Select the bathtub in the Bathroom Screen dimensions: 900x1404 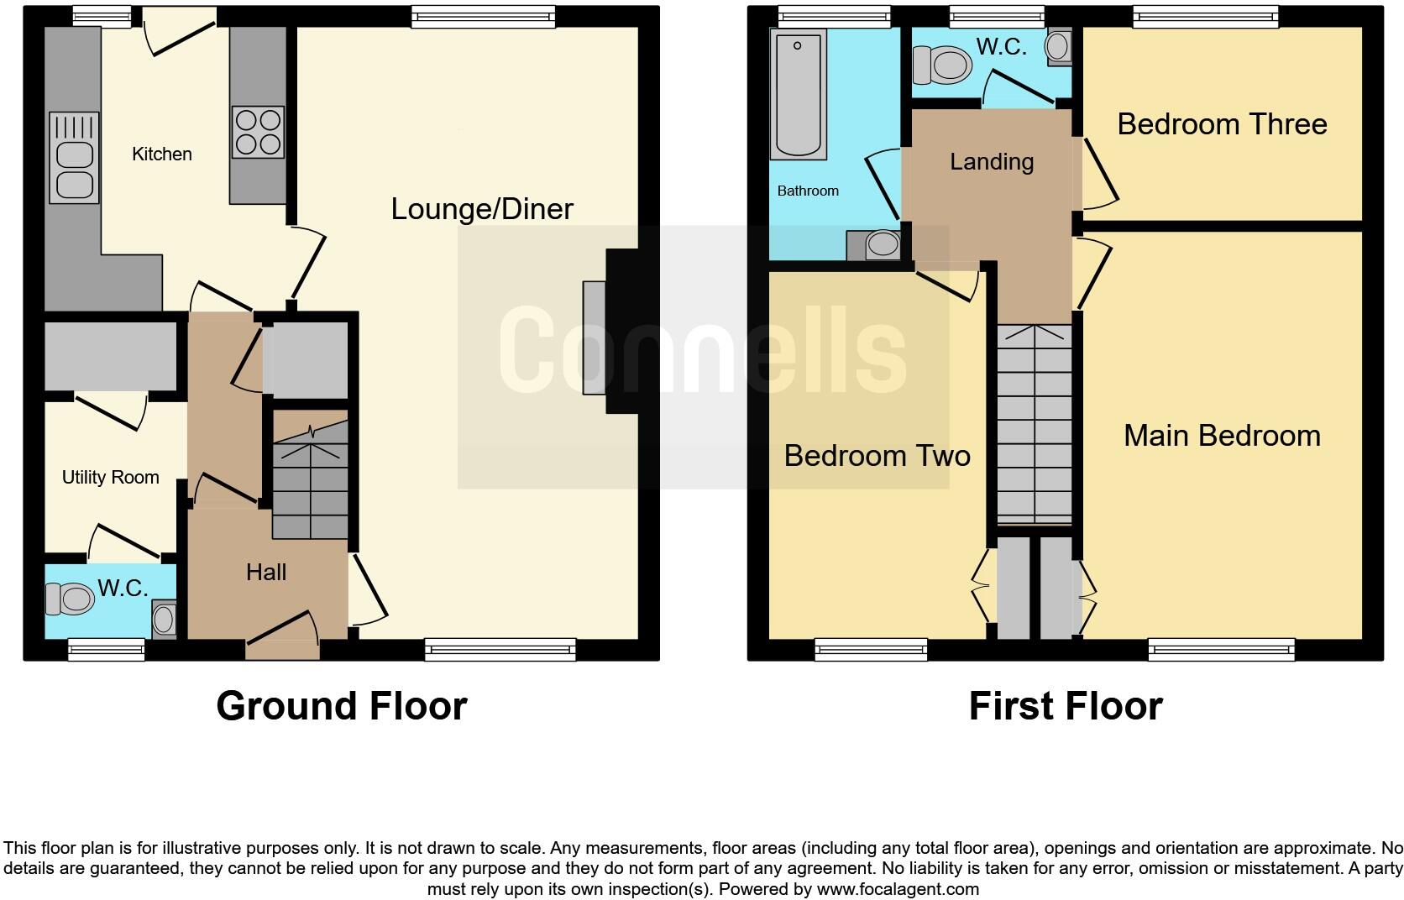pyautogui.click(x=798, y=94)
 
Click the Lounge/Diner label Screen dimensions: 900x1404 pyautogui.click(x=482, y=209)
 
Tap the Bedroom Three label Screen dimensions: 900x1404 pyautogui.click(x=1222, y=124)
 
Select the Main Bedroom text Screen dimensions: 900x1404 pyautogui.click(x=1222, y=436)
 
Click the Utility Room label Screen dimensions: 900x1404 pyautogui.click(x=110, y=478)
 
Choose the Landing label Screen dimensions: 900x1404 pyautogui.click(x=992, y=162)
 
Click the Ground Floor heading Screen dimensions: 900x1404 pyautogui.click(x=341, y=706)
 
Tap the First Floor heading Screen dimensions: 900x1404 pyautogui.click(x=1065, y=706)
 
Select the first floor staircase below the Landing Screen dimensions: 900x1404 pyautogui.click(x=1034, y=424)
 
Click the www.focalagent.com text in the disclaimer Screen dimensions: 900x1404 pyautogui.click(x=898, y=889)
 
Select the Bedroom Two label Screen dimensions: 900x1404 pyautogui.click(x=877, y=456)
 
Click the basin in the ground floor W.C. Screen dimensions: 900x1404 pyautogui.click(x=164, y=620)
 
